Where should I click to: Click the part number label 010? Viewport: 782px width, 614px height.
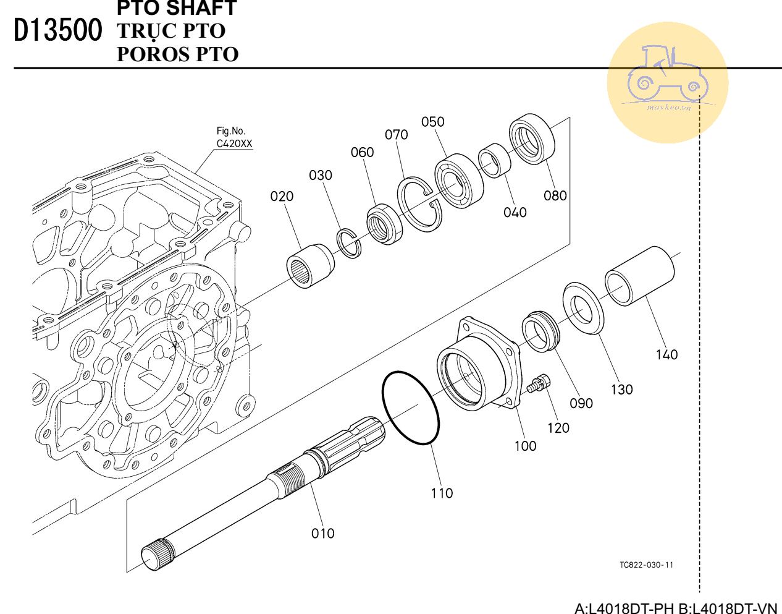point(322,533)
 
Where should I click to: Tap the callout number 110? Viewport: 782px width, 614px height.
point(442,493)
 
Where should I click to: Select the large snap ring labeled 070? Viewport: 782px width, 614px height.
point(420,205)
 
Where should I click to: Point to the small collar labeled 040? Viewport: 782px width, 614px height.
point(495,160)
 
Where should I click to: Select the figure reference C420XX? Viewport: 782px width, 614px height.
point(234,144)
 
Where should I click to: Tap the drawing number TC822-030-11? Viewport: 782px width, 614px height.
point(646,565)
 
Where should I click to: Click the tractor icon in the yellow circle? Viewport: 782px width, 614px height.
point(667,75)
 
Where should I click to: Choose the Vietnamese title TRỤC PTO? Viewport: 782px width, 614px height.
point(171,31)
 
